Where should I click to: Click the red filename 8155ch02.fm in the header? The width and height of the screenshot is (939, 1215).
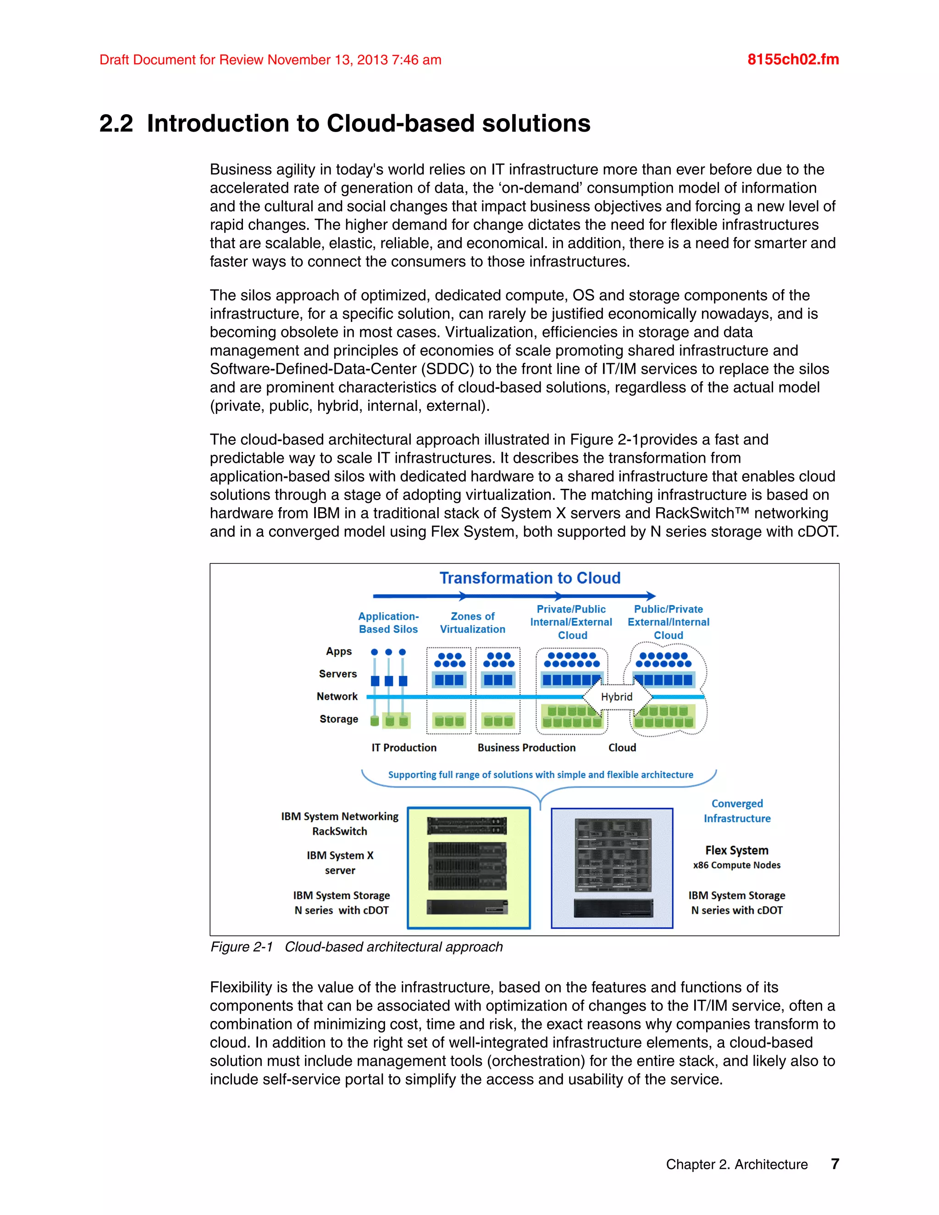click(793, 60)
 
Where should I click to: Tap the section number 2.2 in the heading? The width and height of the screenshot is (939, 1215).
click(116, 123)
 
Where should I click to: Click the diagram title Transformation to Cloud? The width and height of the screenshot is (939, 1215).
click(530, 578)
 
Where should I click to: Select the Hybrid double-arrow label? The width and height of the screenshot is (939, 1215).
click(616, 696)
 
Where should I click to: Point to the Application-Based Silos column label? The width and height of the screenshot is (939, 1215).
click(388, 623)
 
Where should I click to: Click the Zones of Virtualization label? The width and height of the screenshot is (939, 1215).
click(472, 623)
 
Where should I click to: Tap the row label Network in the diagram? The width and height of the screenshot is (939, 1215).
click(337, 696)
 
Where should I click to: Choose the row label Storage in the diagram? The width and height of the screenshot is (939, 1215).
click(339, 719)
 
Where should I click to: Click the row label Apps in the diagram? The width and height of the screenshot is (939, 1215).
click(339, 651)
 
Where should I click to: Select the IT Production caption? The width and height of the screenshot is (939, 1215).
click(404, 747)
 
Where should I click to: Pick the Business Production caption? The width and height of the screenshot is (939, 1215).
click(526, 747)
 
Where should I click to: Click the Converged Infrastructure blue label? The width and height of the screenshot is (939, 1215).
click(737, 811)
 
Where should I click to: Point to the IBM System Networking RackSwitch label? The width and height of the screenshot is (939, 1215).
click(339, 823)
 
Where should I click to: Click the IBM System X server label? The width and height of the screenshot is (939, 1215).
click(340, 862)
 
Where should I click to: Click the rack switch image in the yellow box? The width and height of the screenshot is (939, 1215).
click(467, 826)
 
